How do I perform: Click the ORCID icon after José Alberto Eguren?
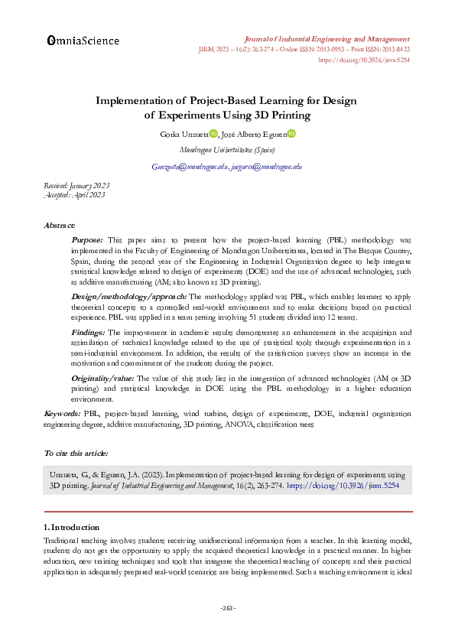(x=291, y=134)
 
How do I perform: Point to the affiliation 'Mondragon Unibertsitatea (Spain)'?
(x=227, y=150)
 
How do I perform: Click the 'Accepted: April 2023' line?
(x=74, y=194)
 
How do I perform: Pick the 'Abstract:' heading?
(x=60, y=226)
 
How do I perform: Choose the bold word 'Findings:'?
(x=89, y=333)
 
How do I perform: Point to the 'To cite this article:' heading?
(x=76, y=454)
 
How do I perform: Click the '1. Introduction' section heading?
(x=71, y=527)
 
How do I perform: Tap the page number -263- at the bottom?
(x=227, y=609)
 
